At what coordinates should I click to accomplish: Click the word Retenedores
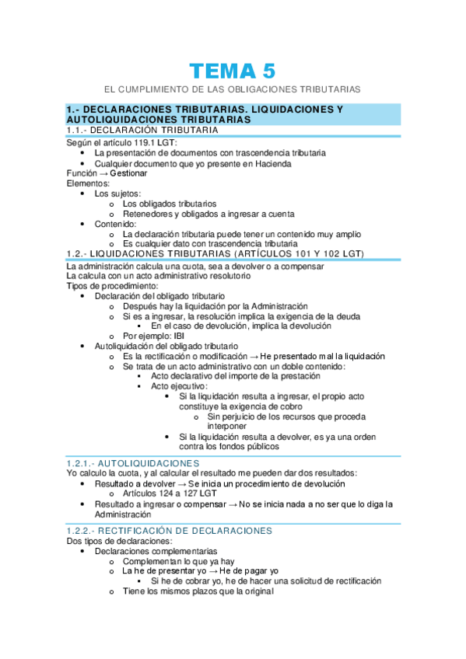149,214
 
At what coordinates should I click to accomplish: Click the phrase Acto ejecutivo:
179,386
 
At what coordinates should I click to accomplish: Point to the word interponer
228,426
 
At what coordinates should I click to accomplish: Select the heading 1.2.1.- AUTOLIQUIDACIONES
133,462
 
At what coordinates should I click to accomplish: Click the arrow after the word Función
103,173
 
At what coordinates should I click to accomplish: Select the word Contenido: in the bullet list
115,224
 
